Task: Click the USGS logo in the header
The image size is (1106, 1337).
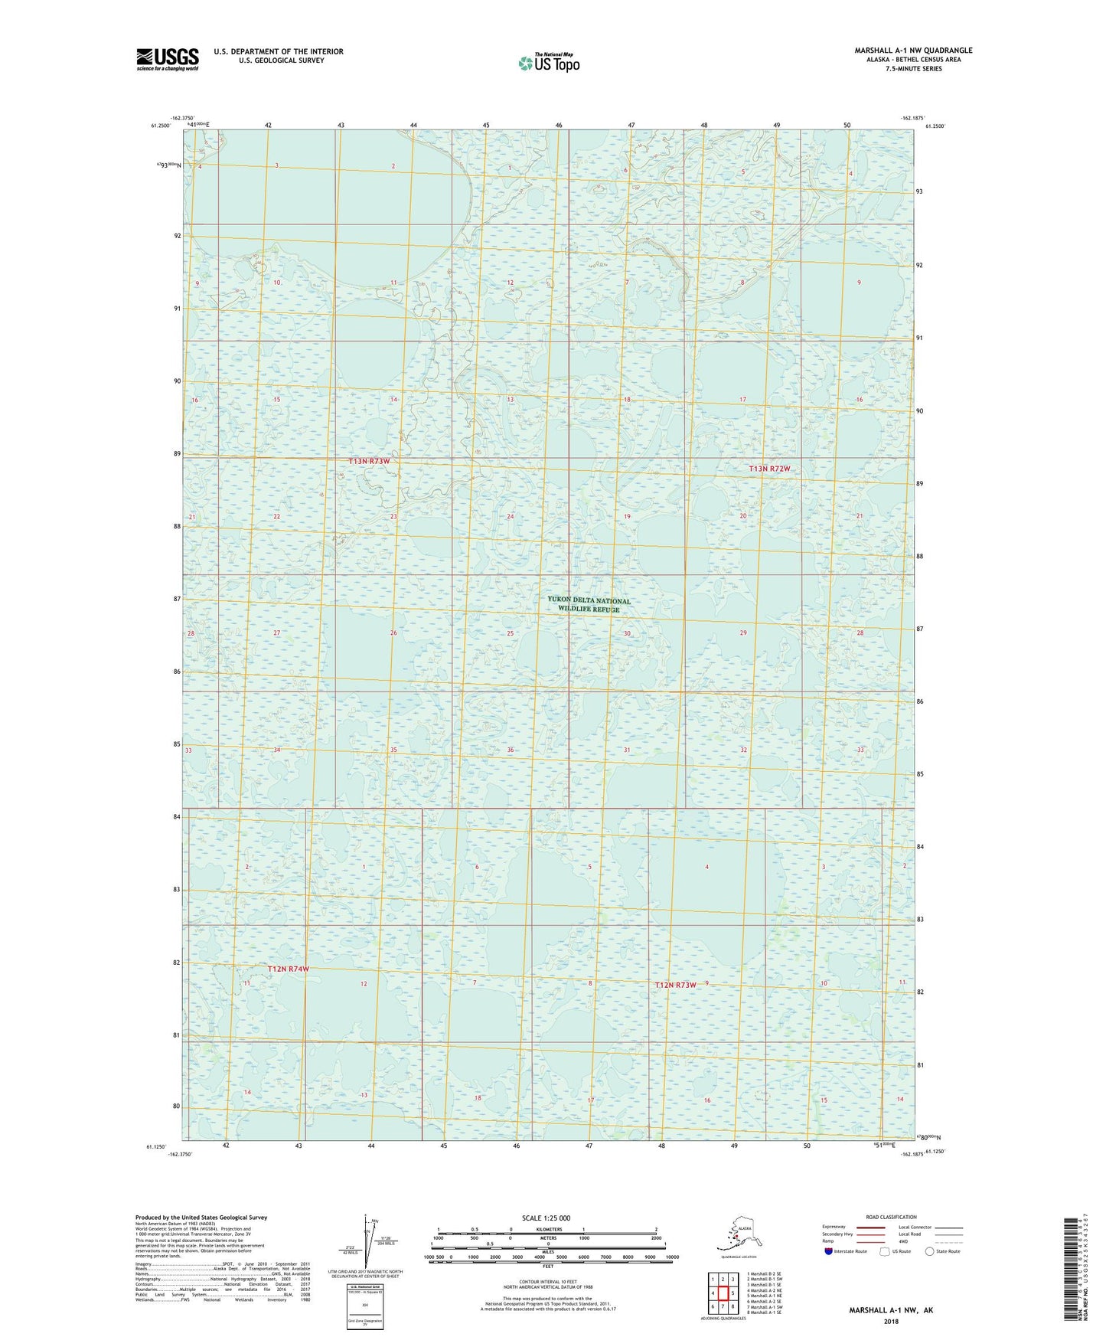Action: [167, 59]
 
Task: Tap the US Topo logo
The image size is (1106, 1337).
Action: [548, 63]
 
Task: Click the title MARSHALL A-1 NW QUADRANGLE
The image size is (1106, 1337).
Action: [913, 51]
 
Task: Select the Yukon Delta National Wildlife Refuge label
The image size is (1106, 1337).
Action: [589, 605]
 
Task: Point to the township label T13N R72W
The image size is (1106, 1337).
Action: [769, 469]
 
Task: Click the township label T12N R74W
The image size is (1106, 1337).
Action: [289, 969]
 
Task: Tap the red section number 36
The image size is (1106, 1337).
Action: [510, 750]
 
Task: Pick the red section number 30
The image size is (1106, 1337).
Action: [627, 633]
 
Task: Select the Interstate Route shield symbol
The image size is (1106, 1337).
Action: [828, 1251]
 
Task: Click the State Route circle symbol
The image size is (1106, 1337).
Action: [930, 1251]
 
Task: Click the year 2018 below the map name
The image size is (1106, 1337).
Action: [891, 1321]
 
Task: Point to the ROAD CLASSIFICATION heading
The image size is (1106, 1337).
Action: [891, 1217]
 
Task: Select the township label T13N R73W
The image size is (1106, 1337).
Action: [369, 462]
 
